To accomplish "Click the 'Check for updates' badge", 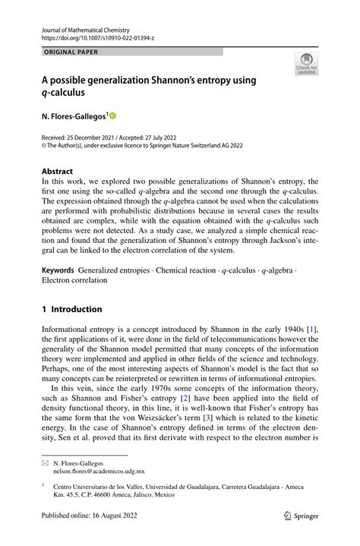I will pyautogui.click(x=307, y=64).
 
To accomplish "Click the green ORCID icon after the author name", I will pyautogui.click(x=114, y=116).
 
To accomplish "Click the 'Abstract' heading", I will pyautogui.click(x=58, y=172).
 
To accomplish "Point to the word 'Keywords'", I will pyautogui.click(x=58, y=270).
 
